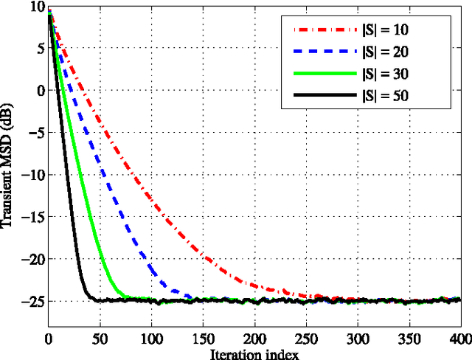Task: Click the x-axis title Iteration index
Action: [x=255, y=353]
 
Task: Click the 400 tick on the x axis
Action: [x=459, y=339]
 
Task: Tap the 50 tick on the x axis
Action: [x=100, y=339]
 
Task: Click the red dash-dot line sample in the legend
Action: [x=322, y=30]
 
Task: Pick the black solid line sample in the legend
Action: [x=322, y=95]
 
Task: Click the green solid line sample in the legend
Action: [x=322, y=74]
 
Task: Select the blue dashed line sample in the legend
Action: [x=322, y=52]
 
